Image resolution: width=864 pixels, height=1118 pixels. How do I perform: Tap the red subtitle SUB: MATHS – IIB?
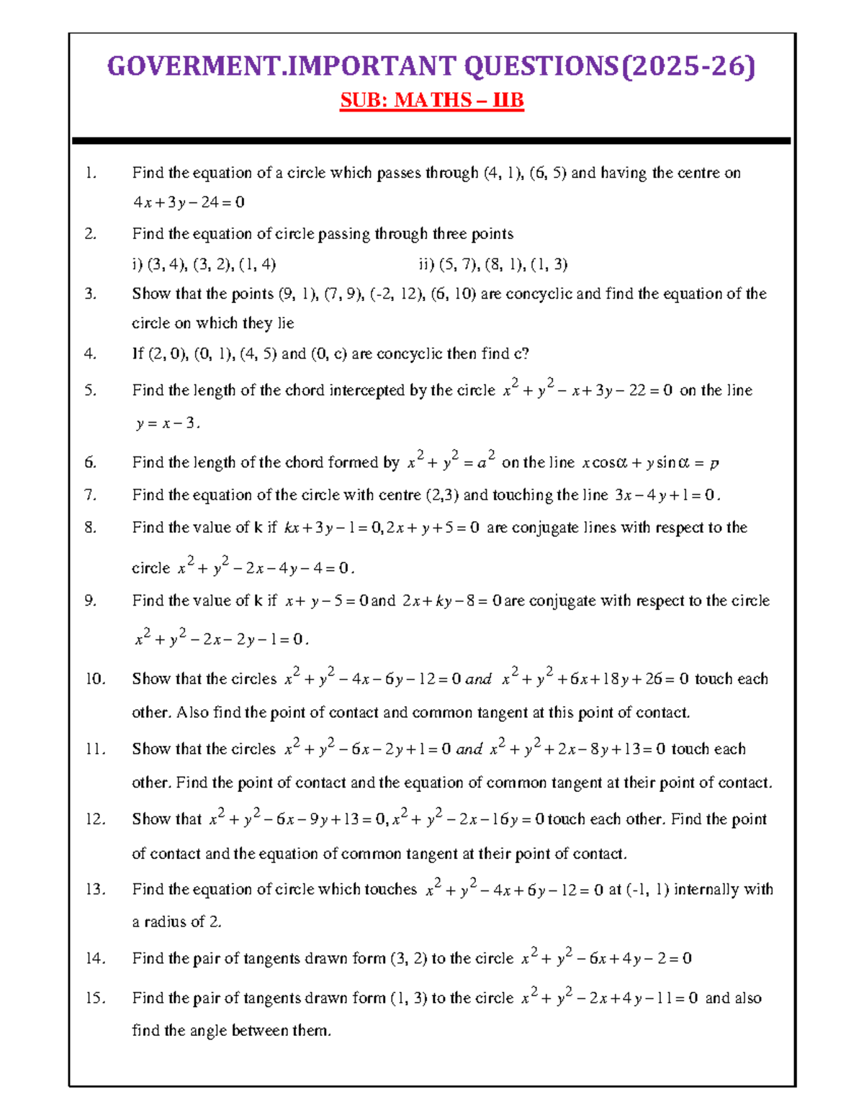(431, 100)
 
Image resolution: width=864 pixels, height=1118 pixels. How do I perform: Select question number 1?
(89, 173)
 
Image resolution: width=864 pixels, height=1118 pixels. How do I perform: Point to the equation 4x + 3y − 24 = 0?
(189, 202)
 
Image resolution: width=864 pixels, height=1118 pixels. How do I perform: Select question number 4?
(89, 353)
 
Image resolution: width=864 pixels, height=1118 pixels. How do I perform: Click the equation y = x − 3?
(166, 423)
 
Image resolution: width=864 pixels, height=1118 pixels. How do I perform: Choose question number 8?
(89, 528)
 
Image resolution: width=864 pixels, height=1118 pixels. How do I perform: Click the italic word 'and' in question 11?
(469, 749)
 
